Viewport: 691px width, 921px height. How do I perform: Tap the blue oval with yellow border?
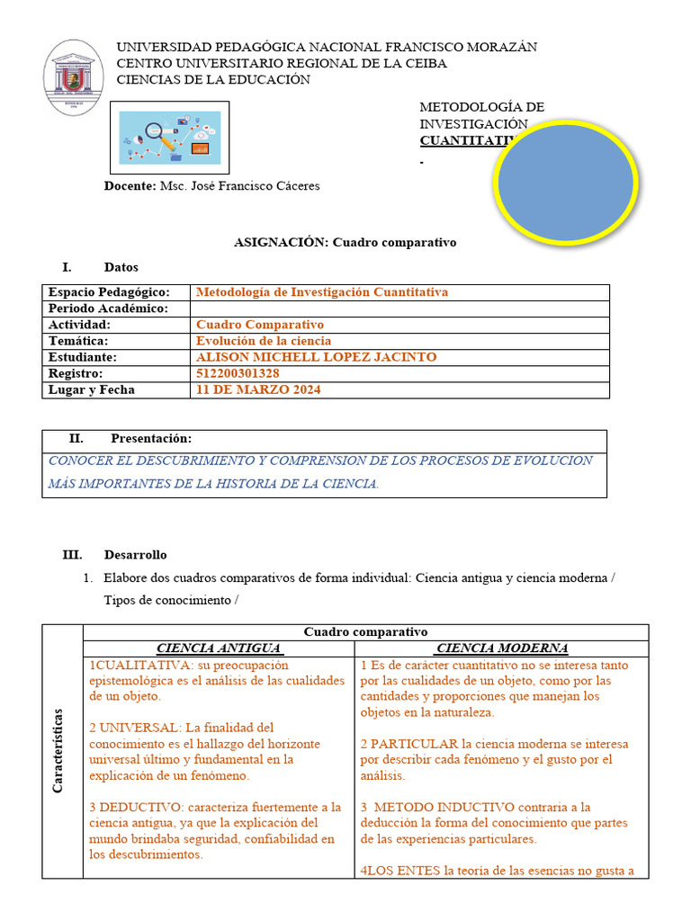(x=566, y=183)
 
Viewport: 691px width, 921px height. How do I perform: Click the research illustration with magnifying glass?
(x=169, y=138)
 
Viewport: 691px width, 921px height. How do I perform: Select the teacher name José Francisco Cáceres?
(x=239, y=186)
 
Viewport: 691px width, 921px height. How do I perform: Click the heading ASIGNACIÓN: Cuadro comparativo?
(x=345, y=243)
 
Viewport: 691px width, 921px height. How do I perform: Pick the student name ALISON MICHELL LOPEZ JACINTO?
(x=316, y=357)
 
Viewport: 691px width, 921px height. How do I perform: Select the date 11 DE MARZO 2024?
(x=257, y=389)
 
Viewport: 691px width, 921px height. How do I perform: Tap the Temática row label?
(x=78, y=341)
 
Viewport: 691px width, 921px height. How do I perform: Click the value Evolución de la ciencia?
(x=263, y=341)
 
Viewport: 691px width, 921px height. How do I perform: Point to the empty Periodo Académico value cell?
(x=399, y=308)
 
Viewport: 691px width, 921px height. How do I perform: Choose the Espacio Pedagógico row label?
(x=109, y=292)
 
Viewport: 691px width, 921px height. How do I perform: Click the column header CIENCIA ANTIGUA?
(x=220, y=648)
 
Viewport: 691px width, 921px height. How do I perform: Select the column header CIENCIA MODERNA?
(x=501, y=648)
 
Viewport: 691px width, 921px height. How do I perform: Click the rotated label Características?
(x=58, y=751)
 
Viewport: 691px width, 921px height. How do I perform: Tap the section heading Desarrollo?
(x=135, y=555)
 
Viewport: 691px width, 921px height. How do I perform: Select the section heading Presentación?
(x=151, y=438)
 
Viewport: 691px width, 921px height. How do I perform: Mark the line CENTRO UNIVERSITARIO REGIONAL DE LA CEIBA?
(x=282, y=63)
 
